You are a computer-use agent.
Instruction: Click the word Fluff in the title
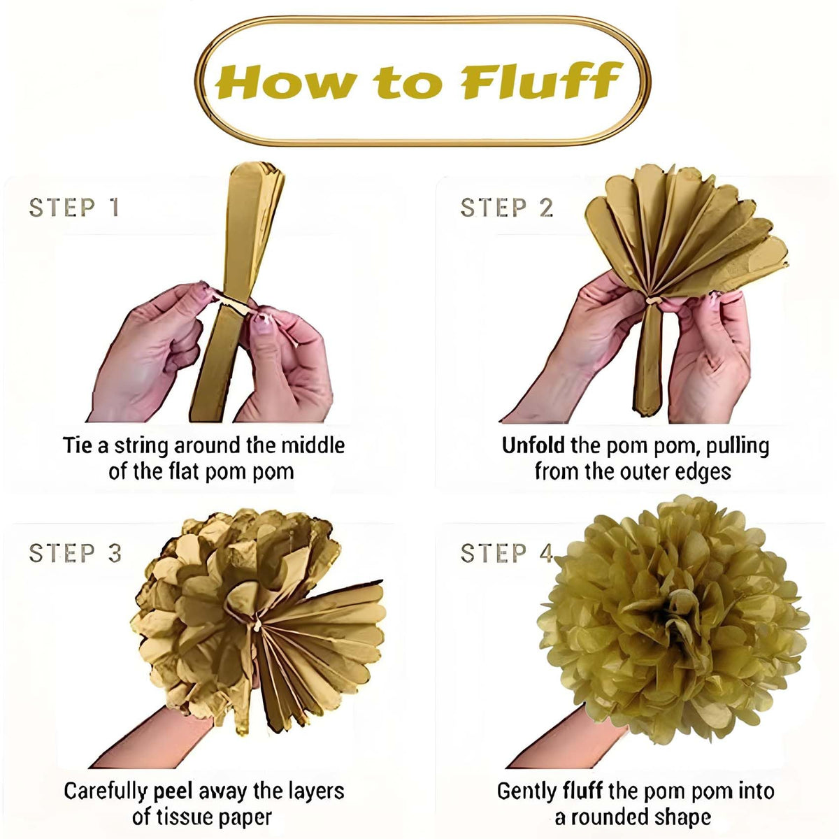click(x=540, y=80)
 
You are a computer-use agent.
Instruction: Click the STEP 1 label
click(x=74, y=207)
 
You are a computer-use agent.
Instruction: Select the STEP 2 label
click(x=507, y=207)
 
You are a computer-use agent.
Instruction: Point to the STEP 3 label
click(x=75, y=553)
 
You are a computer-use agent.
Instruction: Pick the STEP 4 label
click(x=507, y=553)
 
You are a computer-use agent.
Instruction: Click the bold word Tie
click(x=78, y=445)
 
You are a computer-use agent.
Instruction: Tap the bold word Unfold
click(x=533, y=445)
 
